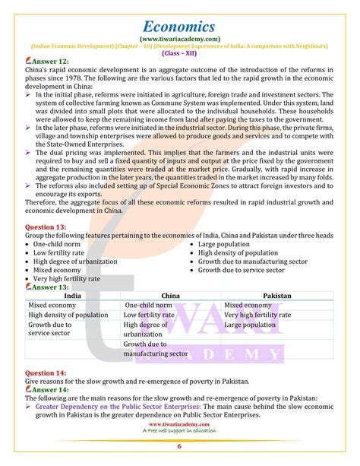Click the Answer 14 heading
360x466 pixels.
click(x=47, y=381)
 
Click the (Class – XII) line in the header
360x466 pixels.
click(x=180, y=52)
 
